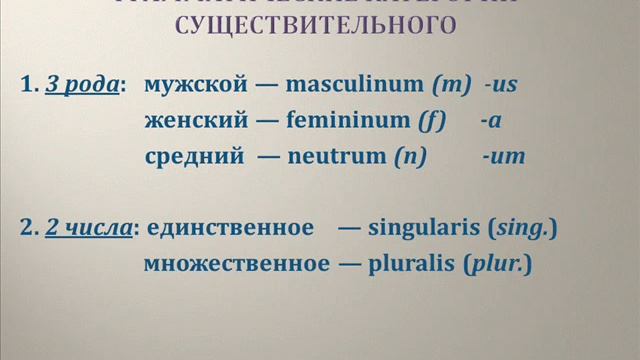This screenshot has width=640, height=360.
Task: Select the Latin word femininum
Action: coord(347,121)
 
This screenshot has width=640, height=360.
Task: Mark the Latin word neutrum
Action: coord(336,156)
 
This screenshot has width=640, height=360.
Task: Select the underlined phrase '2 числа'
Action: coord(89,230)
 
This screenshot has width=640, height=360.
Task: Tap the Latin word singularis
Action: coord(425,230)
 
